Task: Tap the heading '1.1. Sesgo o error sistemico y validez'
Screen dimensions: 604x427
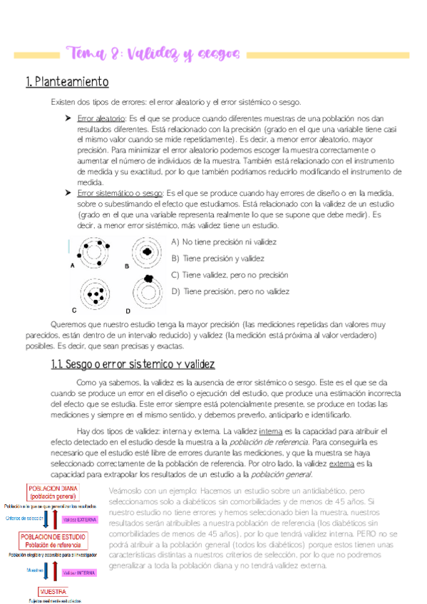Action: (133, 365)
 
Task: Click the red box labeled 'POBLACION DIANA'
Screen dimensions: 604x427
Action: (53, 492)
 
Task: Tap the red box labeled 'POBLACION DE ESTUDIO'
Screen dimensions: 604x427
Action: (54, 541)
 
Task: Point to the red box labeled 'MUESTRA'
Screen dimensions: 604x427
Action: (53, 592)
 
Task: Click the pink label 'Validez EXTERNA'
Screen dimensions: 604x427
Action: (81, 519)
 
